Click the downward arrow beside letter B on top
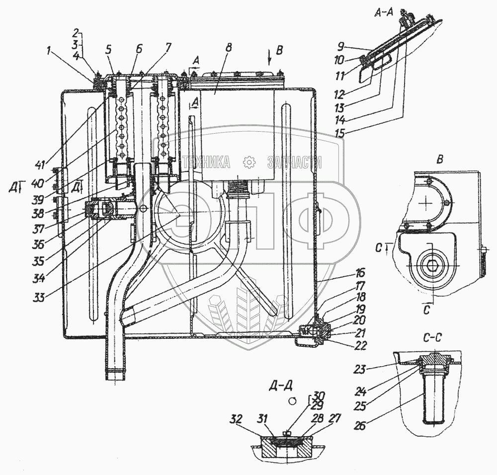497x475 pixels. pyautogui.click(x=269, y=59)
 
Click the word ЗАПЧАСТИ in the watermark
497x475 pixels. pyautogui.click(x=294, y=161)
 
